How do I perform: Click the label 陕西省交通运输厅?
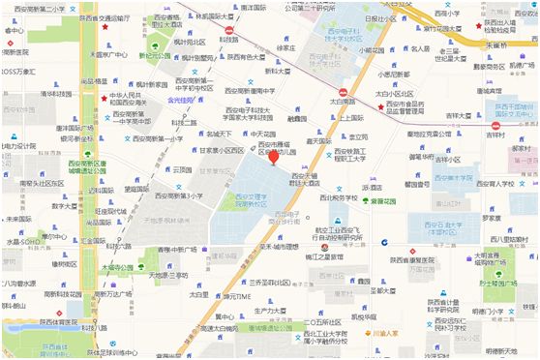pos(98,17)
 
